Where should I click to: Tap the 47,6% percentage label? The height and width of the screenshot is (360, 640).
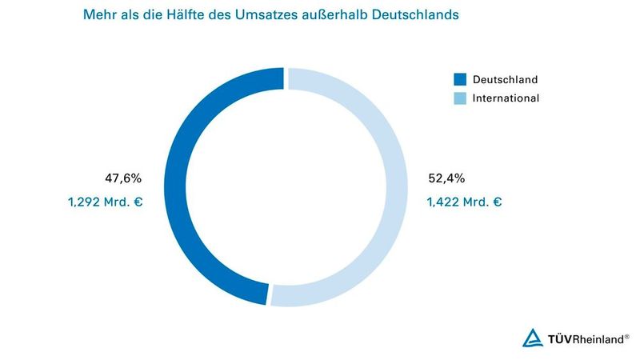click(123, 178)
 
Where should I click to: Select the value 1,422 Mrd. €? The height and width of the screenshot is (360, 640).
click(465, 202)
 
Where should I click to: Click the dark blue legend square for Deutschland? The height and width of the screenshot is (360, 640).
click(460, 80)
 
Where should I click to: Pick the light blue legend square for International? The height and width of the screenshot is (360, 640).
click(460, 98)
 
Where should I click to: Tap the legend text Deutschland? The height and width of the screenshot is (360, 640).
click(505, 80)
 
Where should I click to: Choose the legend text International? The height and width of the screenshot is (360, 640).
click(506, 98)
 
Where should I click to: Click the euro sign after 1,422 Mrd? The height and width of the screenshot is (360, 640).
click(497, 202)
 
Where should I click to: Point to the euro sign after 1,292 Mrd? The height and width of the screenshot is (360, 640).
click(138, 202)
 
